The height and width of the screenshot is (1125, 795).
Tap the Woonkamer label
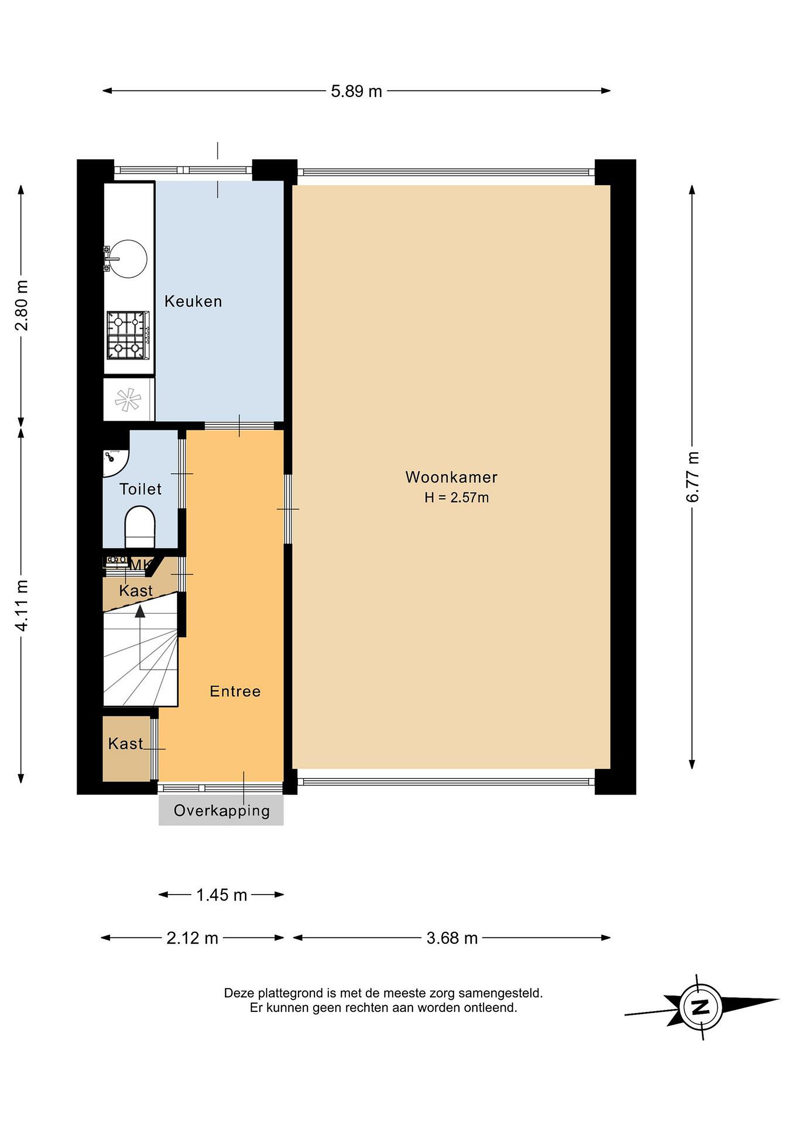click(451, 477)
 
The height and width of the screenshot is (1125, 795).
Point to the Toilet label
click(141, 489)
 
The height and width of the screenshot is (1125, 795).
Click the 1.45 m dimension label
click(221, 895)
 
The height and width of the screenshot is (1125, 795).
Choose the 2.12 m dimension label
click(192, 938)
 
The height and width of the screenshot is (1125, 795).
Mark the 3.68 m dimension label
click(452, 938)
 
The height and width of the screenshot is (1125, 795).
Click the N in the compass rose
click(701, 1007)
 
